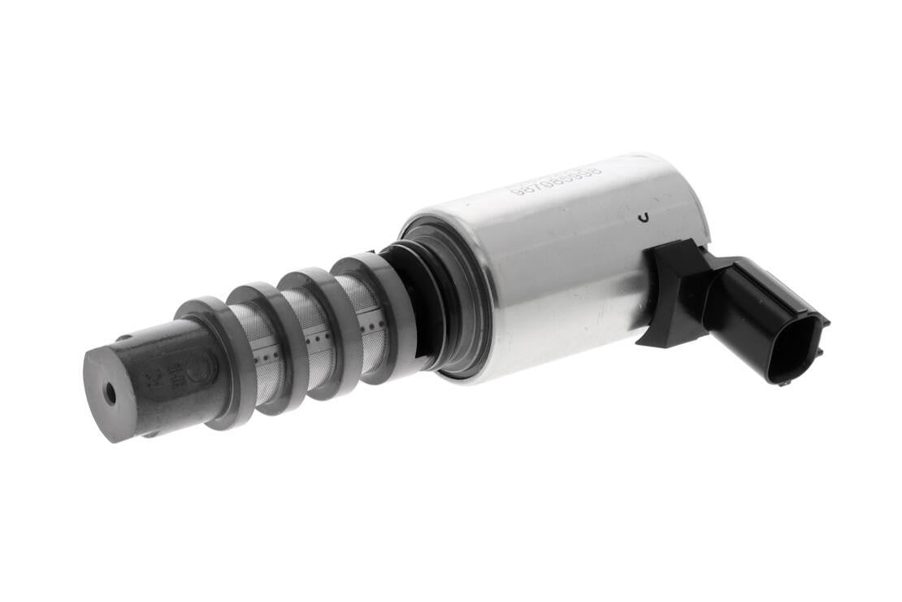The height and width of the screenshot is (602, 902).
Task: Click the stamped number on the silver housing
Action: tap(555, 181)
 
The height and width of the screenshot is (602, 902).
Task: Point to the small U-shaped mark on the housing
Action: tap(644, 216)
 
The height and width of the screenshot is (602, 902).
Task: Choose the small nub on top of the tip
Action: tap(125, 335)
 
